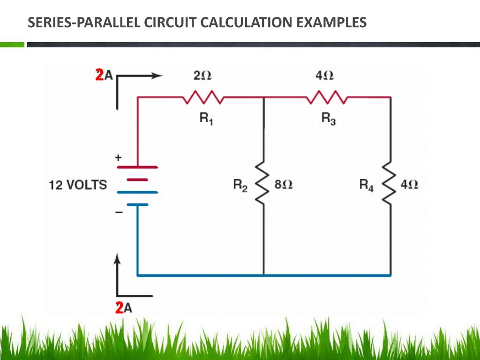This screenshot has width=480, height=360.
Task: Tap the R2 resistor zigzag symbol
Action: point(263,183)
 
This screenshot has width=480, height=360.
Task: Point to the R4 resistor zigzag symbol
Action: point(390,183)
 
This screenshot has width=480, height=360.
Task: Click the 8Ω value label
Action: point(284,184)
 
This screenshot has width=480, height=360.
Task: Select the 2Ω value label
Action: point(202,75)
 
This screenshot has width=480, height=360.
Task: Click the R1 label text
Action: point(206,119)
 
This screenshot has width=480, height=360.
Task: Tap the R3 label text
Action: point(328,119)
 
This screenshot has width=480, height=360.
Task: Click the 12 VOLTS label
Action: point(78,185)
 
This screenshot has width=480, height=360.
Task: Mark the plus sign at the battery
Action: point(118,158)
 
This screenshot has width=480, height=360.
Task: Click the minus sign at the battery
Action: point(119,213)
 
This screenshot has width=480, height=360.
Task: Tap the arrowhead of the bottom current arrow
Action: point(118,258)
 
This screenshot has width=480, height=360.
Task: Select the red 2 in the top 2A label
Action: point(99,75)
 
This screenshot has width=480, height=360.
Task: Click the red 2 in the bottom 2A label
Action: point(119,308)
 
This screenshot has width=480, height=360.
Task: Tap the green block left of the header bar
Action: point(12,45)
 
